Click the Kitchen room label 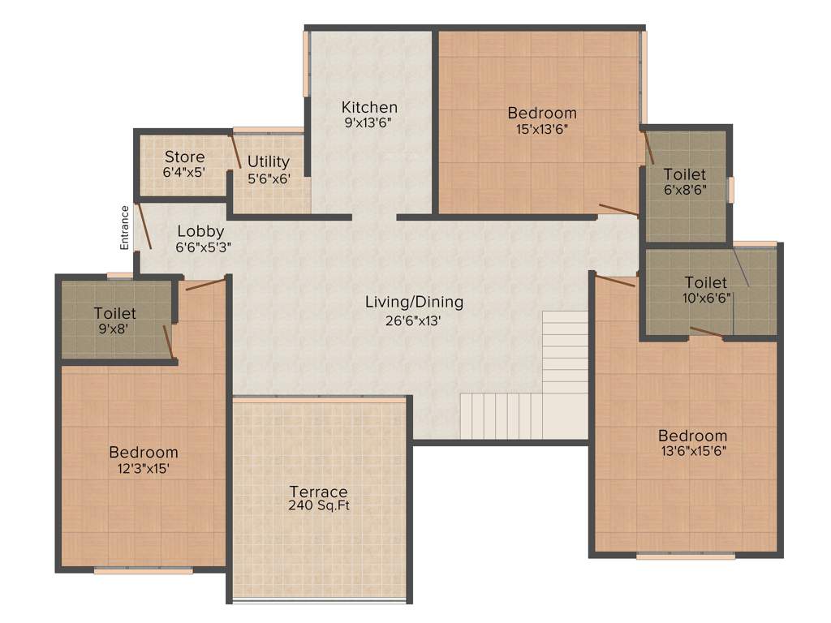pyautogui.click(x=369, y=107)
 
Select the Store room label pyautogui.click(x=184, y=157)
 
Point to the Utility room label pyautogui.click(x=269, y=161)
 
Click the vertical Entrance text pyautogui.click(x=125, y=227)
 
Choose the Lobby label pyautogui.click(x=200, y=232)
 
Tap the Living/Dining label pyautogui.click(x=414, y=303)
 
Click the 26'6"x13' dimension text pyautogui.click(x=414, y=320)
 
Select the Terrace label pyautogui.click(x=319, y=492)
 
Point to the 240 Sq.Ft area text pyautogui.click(x=319, y=506)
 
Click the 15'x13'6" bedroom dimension pyautogui.click(x=542, y=128)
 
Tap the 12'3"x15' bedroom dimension pyautogui.click(x=144, y=468)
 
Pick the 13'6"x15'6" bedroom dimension pyautogui.click(x=692, y=451)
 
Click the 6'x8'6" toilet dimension pyautogui.click(x=684, y=191)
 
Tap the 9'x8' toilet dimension pyautogui.click(x=114, y=329)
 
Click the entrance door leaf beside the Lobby pyautogui.click(x=142, y=226)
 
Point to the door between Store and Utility pyautogui.click(x=235, y=152)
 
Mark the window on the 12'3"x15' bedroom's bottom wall pyautogui.click(x=144, y=570)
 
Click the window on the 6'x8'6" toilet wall pyautogui.click(x=730, y=190)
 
